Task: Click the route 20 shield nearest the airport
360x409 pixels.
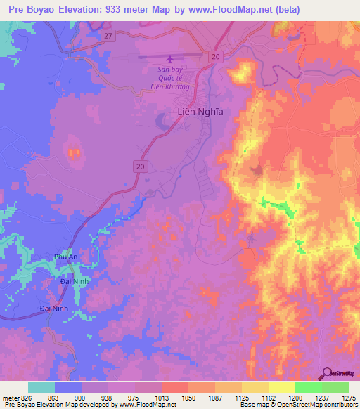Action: click(x=215, y=56)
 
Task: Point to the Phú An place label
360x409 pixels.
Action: click(x=65, y=258)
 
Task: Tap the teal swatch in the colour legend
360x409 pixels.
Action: click(x=41, y=387)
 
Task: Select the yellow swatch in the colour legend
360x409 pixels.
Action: click(x=281, y=387)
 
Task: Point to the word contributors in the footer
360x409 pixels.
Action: click(x=339, y=405)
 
